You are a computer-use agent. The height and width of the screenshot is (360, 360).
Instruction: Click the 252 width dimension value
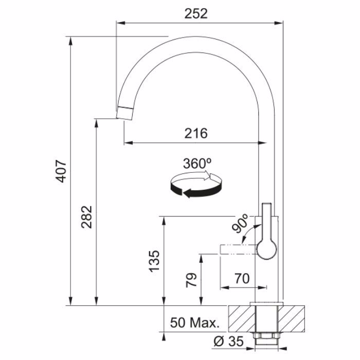point(196,13)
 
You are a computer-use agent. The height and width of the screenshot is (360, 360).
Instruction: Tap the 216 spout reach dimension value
point(196,133)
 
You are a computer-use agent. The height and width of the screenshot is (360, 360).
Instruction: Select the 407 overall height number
point(61,171)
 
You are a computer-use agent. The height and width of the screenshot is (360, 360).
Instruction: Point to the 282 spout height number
point(86,217)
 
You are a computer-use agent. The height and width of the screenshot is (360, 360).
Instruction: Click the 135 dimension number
point(154,261)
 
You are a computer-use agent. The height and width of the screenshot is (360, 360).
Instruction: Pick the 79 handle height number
point(191,280)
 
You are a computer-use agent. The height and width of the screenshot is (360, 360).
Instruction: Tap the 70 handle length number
point(242,278)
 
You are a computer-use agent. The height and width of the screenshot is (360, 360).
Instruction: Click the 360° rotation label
point(197,164)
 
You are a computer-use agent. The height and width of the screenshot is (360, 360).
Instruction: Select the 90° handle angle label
point(240,223)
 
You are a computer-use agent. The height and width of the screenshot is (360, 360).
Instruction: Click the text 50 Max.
point(195,322)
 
